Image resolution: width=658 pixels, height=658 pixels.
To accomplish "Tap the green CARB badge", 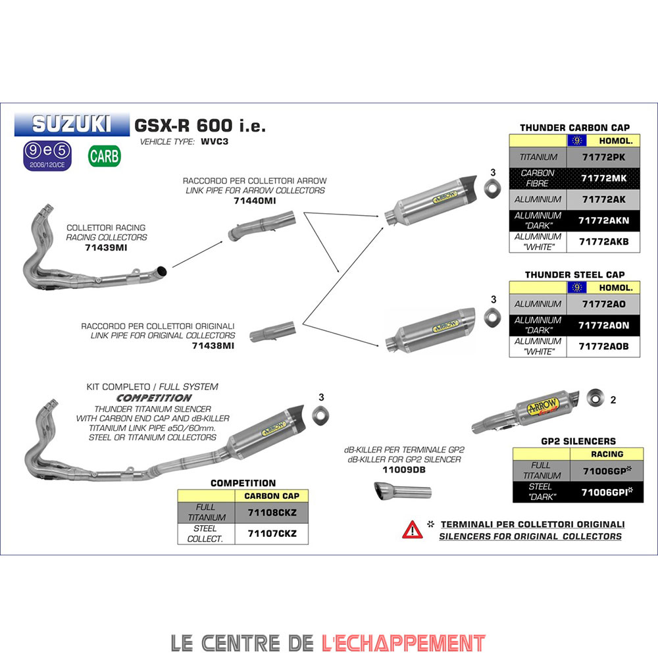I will pyautogui.click(x=105, y=156).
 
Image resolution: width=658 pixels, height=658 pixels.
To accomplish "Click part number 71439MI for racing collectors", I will pyautogui.click(x=107, y=247).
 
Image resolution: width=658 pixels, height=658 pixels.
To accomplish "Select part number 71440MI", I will pyautogui.click(x=255, y=200).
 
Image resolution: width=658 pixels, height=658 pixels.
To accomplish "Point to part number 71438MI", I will pyautogui.click(x=214, y=345).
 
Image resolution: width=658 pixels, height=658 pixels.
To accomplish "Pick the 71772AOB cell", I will pyautogui.click(x=603, y=347).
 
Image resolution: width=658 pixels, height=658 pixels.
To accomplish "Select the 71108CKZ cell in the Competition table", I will pyautogui.click(x=271, y=513).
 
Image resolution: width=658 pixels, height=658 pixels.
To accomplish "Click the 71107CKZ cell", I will pyautogui.click(x=271, y=534).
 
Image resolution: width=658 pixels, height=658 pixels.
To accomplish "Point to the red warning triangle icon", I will pyautogui.click(x=413, y=528).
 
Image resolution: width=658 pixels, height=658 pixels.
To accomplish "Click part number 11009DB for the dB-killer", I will pyautogui.click(x=404, y=470).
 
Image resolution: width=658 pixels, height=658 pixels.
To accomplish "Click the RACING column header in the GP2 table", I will pyautogui.click(x=607, y=454).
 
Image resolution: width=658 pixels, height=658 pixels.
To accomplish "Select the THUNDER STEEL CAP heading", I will pyautogui.click(x=574, y=274).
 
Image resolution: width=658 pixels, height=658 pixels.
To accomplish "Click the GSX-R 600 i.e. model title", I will pyautogui.click(x=200, y=125).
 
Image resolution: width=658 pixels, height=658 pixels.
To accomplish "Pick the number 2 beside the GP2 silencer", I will pyautogui.click(x=613, y=399).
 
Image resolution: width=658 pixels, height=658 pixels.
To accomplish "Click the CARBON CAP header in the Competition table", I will pyautogui.click(x=271, y=496).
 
